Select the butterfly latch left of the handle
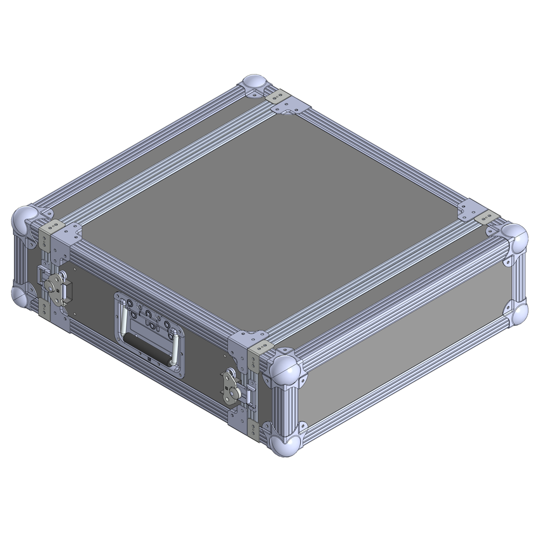click(x=57, y=282)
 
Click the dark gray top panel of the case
click(x=270, y=216)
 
